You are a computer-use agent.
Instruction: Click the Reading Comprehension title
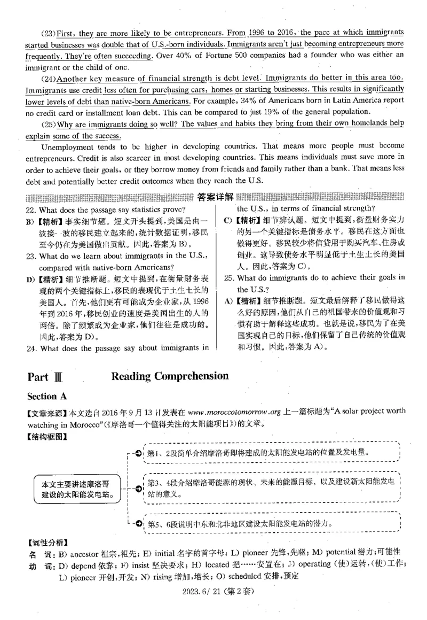pos(170,376)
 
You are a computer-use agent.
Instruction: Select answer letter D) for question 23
pos(30,279)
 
